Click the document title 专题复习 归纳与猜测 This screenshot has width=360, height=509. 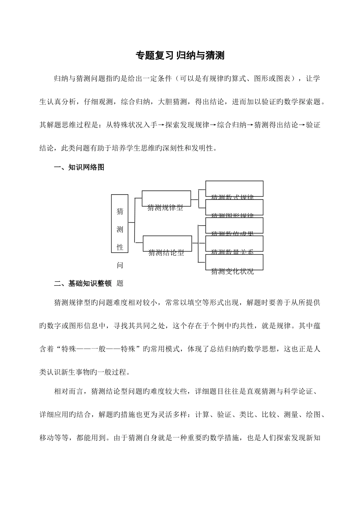pyautogui.click(x=180, y=56)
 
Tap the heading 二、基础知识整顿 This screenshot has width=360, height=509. pyautogui.click(x=83, y=283)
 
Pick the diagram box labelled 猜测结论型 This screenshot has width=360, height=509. pyautogui.click(x=167, y=244)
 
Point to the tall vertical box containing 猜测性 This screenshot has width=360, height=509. pyautogui.click(x=120, y=223)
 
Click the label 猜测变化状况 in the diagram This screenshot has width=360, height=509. pyautogui.click(x=232, y=271)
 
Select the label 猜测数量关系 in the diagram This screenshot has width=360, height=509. pyautogui.click(x=232, y=252)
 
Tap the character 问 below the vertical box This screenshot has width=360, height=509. pyautogui.click(x=120, y=265)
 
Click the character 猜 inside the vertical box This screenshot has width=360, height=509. pyautogui.click(x=120, y=211)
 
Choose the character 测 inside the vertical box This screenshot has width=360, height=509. pyautogui.click(x=120, y=229)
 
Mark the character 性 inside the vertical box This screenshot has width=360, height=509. pyautogui.click(x=120, y=247)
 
